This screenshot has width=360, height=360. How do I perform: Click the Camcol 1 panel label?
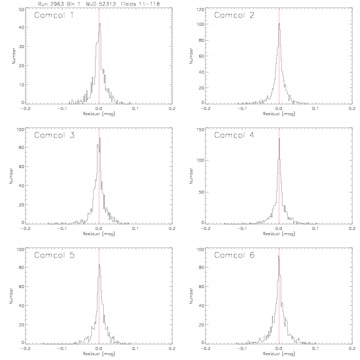click(54, 15)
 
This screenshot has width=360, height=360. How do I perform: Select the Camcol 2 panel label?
click(234, 15)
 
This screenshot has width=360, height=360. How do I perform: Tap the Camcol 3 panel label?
click(54, 135)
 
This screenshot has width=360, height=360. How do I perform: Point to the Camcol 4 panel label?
click(234, 135)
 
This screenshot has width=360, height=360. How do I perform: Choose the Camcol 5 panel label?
click(54, 255)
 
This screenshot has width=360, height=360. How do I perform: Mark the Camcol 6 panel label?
click(234, 255)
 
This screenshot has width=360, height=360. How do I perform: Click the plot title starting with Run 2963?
click(99, 4)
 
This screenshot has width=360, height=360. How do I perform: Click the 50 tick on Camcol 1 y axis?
click(21, 9)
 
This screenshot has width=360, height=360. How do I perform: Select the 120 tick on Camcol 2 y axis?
click(201, 9)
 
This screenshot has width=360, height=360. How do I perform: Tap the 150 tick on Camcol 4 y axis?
click(201, 130)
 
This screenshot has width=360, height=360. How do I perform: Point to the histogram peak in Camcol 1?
click(99, 23)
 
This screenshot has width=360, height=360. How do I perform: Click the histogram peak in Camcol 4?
click(279, 139)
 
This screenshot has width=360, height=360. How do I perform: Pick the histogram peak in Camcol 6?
click(279, 256)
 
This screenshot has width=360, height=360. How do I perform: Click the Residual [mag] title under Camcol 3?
click(99, 234)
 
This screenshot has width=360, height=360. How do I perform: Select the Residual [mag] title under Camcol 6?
click(279, 354)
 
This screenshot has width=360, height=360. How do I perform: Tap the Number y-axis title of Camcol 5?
click(11, 296)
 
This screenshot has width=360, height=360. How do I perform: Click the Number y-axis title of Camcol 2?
click(191, 56)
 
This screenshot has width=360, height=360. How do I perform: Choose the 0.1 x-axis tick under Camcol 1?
click(136, 108)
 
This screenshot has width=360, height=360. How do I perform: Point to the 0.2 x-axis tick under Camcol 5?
click(172, 348)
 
